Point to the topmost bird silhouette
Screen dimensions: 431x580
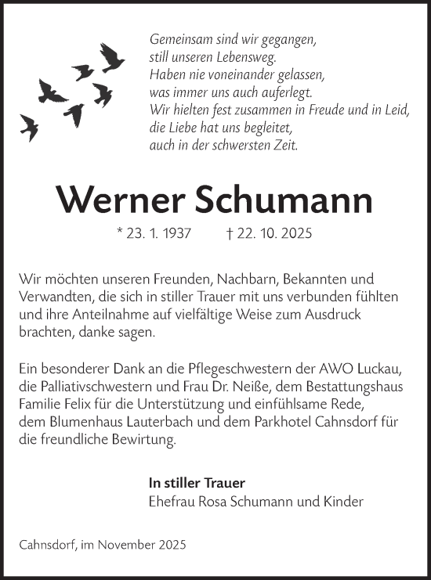coord(112,56)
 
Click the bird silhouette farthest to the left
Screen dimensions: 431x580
coord(30,125)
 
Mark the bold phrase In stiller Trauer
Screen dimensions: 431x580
coord(197,483)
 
